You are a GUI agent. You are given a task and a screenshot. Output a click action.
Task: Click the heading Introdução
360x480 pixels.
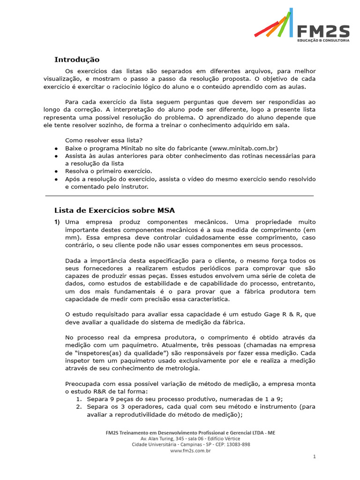click(77, 60)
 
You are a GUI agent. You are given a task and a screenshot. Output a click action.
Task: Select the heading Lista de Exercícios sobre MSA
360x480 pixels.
click(114, 210)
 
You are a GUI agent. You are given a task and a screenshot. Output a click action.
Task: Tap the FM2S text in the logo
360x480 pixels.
click(323, 31)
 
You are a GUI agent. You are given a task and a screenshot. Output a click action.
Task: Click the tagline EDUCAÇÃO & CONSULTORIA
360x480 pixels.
click(323, 41)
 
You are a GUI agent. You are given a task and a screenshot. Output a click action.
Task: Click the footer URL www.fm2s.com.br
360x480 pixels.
click(190, 450)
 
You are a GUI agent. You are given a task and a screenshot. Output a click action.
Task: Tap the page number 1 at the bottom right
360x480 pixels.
click(315, 456)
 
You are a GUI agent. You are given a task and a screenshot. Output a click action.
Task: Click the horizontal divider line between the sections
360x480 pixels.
click(180, 196)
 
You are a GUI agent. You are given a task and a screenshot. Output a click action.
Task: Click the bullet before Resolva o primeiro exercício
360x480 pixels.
click(56, 172)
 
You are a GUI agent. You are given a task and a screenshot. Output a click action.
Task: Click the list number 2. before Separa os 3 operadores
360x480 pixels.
click(80, 407)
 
